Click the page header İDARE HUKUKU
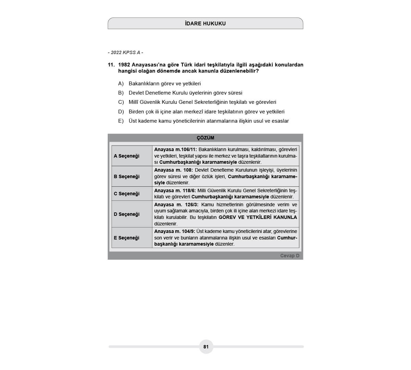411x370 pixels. [x=205, y=24]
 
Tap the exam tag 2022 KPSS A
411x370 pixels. [x=125, y=52]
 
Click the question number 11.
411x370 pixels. [x=111, y=65]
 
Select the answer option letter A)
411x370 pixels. [x=121, y=84]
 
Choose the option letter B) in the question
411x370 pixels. [x=121, y=93]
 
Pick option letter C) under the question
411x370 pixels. [x=121, y=102]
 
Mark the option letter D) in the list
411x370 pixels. [x=121, y=112]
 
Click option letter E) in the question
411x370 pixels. [x=121, y=121]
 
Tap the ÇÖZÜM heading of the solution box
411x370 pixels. [x=205, y=138]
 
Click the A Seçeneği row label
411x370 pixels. [x=126, y=156]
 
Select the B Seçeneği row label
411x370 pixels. [x=126, y=176]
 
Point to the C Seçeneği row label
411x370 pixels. [x=126, y=194]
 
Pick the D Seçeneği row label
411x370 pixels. [x=126, y=214]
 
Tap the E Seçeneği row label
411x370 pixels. [x=126, y=238]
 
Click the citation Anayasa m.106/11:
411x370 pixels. [x=175, y=149]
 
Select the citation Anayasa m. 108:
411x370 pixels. [x=173, y=170]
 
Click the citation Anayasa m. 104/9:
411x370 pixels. [x=174, y=231]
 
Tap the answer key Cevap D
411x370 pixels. [x=289, y=256]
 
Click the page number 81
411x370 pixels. [x=206, y=347]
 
